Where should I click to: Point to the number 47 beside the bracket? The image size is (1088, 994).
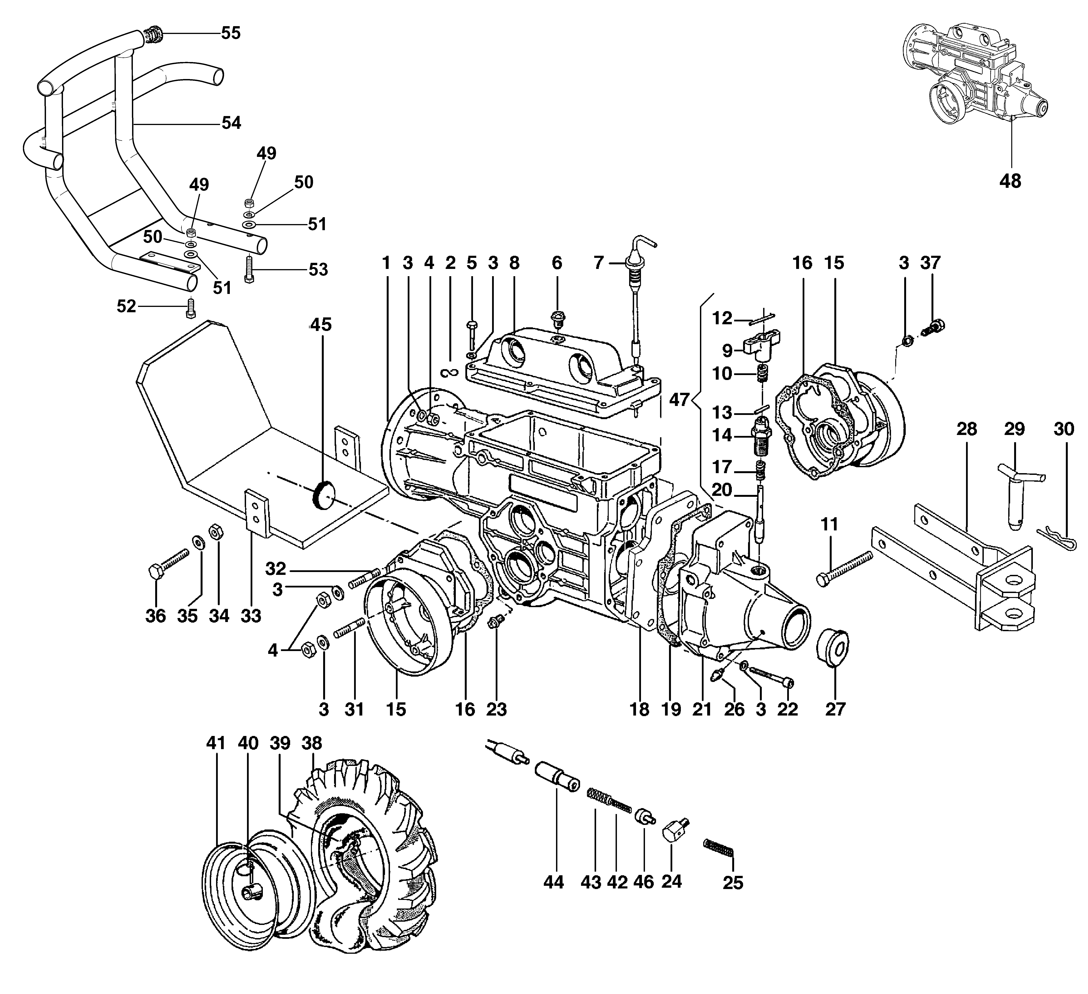coord(680,400)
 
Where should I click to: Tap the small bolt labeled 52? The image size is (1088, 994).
coord(190,308)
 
